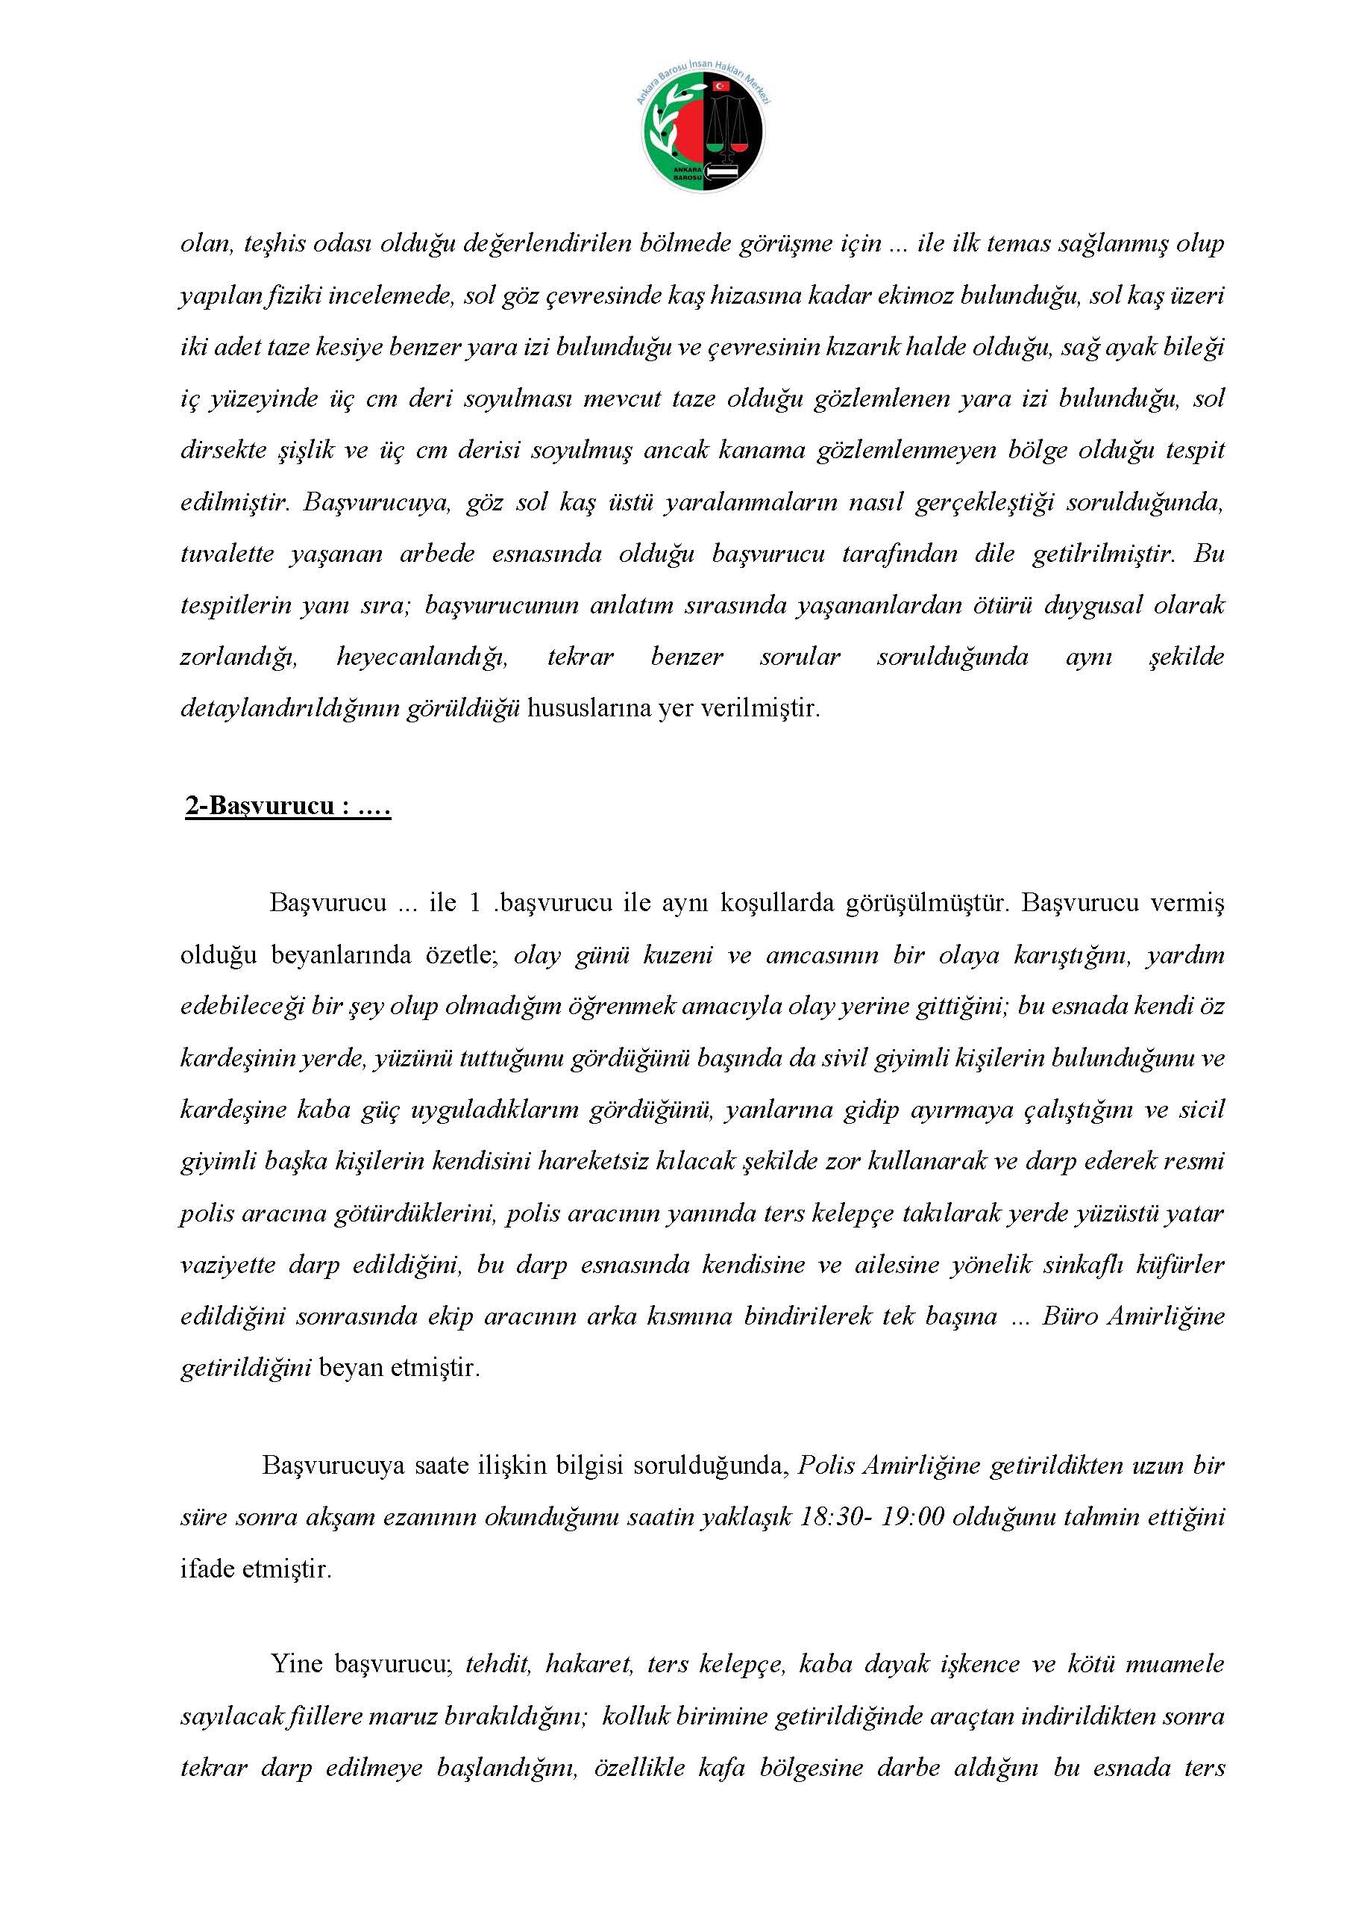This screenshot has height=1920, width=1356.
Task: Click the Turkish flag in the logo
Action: pyautogui.click(x=719, y=86)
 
